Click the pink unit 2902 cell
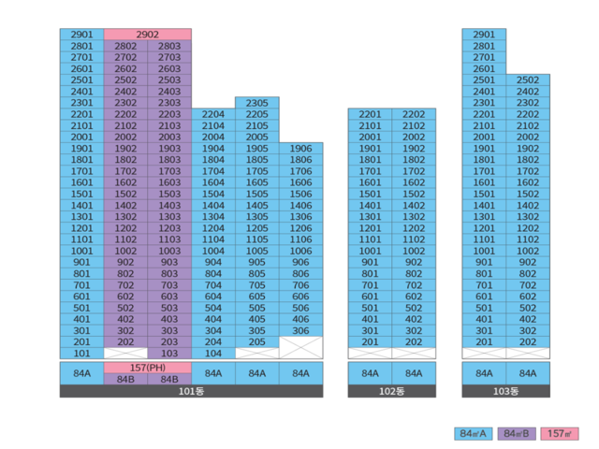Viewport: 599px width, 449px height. (x=147, y=34)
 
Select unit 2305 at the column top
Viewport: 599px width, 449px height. (x=256, y=103)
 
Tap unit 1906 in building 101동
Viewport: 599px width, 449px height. (x=300, y=149)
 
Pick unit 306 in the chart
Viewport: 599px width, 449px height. (x=300, y=330)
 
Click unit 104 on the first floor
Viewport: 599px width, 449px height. (x=213, y=354)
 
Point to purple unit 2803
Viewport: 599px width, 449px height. (x=169, y=46)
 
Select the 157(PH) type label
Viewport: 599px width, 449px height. (x=147, y=368)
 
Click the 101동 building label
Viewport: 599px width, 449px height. (x=191, y=391)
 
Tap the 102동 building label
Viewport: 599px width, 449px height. (x=391, y=391)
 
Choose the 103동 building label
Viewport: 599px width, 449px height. (x=505, y=391)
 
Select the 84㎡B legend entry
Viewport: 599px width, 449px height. (x=518, y=433)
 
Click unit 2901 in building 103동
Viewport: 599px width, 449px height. (x=484, y=34)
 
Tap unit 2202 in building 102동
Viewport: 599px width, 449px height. (x=414, y=114)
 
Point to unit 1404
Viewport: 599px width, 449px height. (x=213, y=205)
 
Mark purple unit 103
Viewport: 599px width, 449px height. (x=169, y=354)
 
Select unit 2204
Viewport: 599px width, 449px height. (x=213, y=114)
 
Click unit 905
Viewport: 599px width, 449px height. (x=256, y=262)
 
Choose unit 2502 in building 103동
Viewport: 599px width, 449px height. (x=528, y=80)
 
